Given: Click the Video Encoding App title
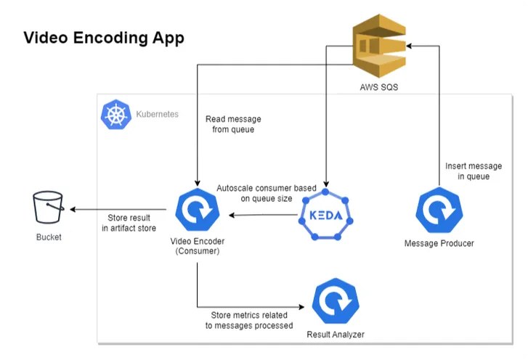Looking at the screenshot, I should point(104,38).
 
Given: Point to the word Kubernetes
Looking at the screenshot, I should point(158,115).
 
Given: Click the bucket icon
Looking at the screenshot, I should point(49,209).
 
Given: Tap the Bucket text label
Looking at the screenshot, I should point(49,237).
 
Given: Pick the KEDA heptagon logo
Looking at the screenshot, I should point(326,216).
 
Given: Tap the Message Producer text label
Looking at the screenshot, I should point(438,243).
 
